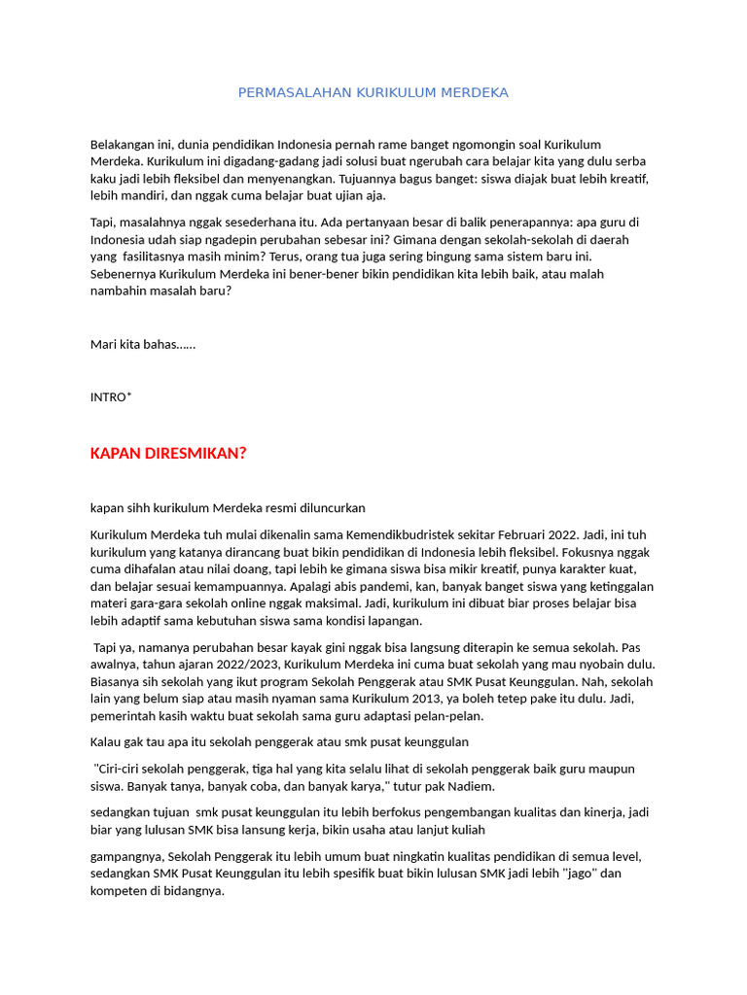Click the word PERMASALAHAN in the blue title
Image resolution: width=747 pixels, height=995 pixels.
pyautogui.click(x=281, y=92)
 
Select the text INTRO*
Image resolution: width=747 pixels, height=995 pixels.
pyautogui.click(x=111, y=396)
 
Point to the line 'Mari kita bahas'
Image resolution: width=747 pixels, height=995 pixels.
pyautogui.click(x=143, y=344)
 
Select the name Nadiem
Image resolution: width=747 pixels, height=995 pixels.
pyautogui.click(x=470, y=786)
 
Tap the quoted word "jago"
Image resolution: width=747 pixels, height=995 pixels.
pyautogui.click(x=581, y=873)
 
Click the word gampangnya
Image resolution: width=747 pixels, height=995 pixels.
pyautogui.click(x=127, y=856)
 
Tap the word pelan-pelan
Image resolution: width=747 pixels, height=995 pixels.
pyautogui.click(x=448, y=717)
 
